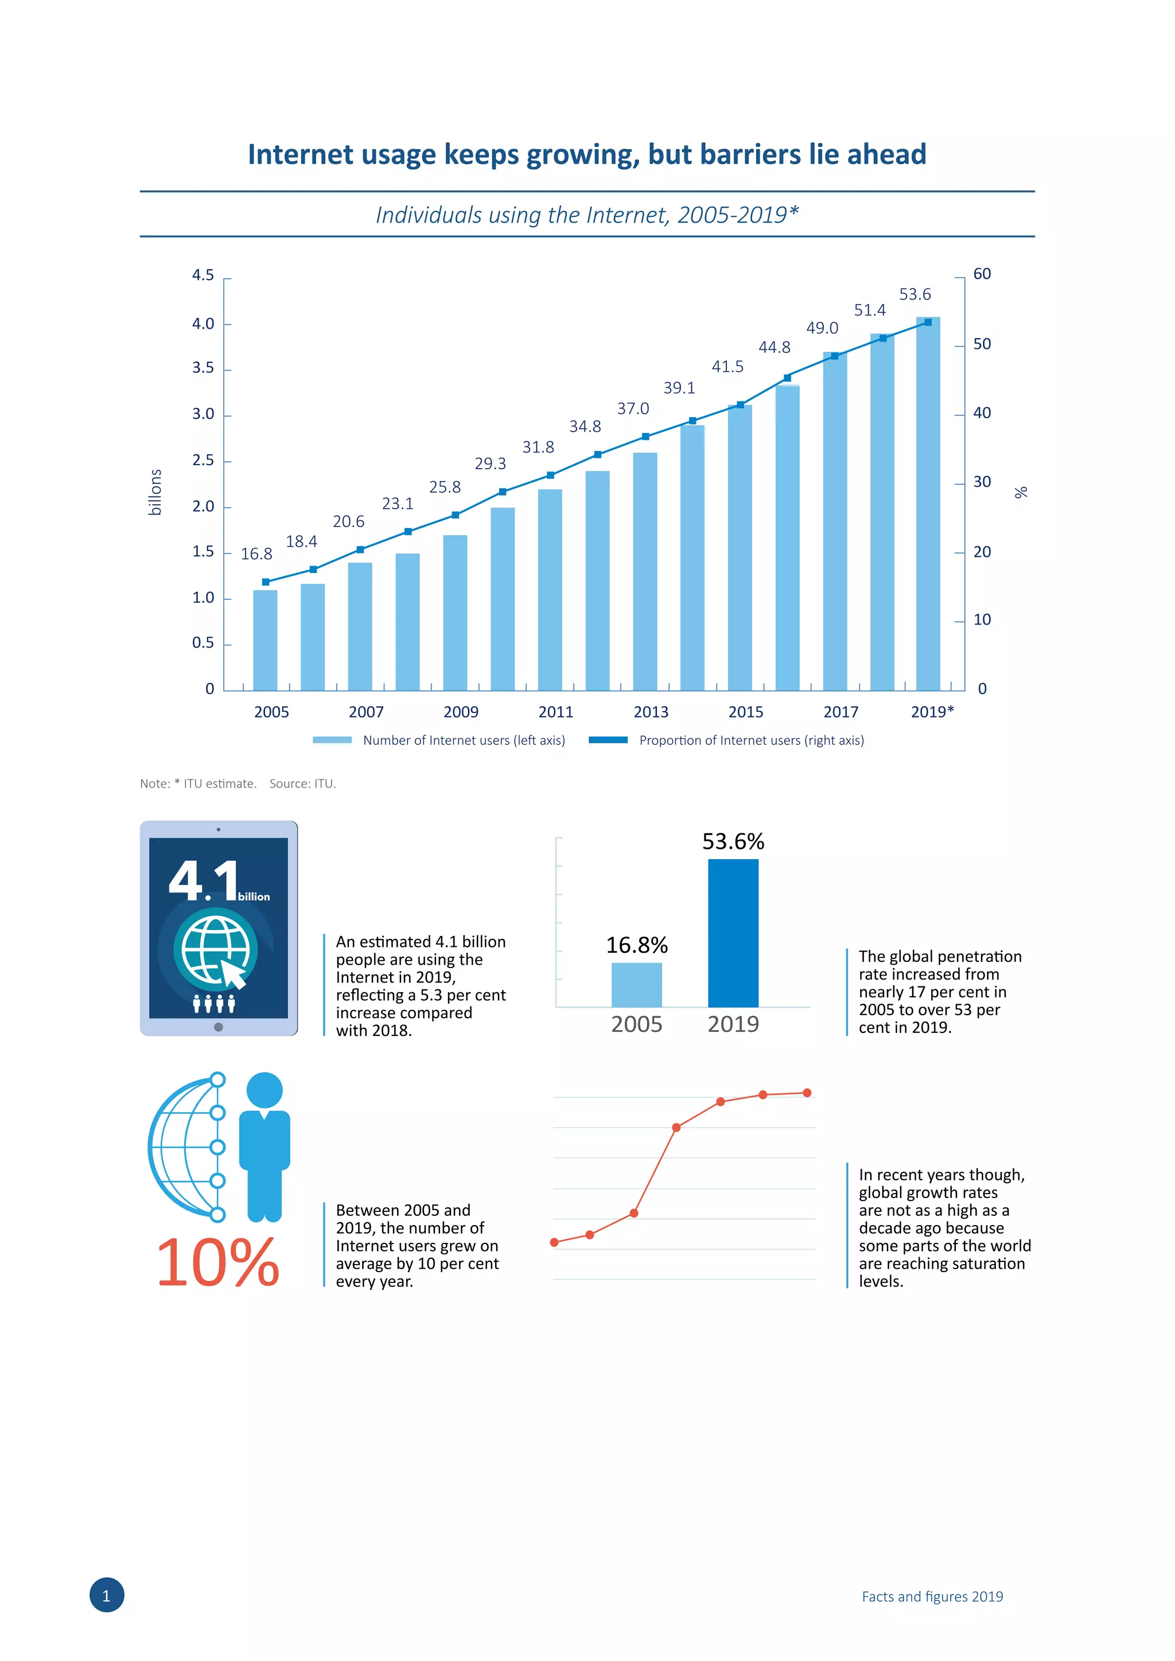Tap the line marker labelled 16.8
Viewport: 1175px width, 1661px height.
coord(266,582)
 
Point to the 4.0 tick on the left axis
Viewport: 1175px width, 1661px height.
coord(203,323)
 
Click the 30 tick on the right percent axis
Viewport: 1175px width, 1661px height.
coord(981,482)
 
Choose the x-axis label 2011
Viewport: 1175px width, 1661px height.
coord(556,712)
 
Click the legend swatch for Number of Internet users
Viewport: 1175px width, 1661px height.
coord(332,740)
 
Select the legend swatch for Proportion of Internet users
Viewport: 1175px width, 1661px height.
coord(608,740)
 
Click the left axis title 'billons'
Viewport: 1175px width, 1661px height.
coord(155,492)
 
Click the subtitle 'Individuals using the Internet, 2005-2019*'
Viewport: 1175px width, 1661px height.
coord(587,215)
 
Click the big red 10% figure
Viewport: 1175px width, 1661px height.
coord(218,1262)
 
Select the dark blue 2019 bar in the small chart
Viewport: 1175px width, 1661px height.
coord(733,933)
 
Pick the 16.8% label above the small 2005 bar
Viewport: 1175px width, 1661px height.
coord(637,945)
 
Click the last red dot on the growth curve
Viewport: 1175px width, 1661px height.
coord(807,1093)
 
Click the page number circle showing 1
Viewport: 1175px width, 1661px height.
coord(106,1596)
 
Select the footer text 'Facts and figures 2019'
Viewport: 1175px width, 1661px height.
coord(932,1597)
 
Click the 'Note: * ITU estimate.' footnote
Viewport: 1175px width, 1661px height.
coord(199,783)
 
